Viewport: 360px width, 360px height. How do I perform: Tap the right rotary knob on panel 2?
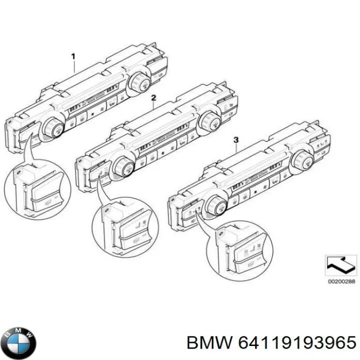click(208, 120)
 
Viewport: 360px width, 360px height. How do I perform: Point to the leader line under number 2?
click(151, 107)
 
